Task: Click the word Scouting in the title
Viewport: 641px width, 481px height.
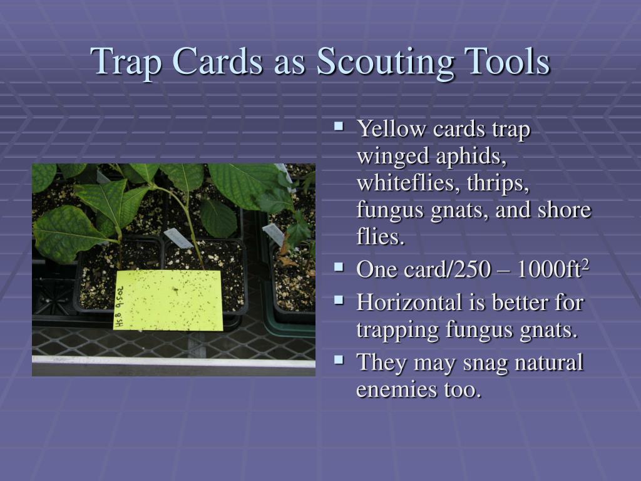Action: pyautogui.click(x=385, y=62)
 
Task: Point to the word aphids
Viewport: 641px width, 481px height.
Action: pyautogui.click(x=471, y=157)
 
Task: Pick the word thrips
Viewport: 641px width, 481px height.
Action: pyautogui.click(x=498, y=184)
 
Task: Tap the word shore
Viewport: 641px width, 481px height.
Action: pyautogui.click(x=564, y=209)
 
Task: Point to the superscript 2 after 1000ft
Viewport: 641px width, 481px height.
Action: pyautogui.click(x=585, y=265)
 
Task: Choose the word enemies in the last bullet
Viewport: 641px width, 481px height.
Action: pyautogui.click(x=396, y=390)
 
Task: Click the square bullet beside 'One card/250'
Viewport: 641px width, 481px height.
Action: pyautogui.click(x=339, y=267)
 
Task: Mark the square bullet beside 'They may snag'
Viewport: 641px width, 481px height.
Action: pyautogui.click(x=339, y=359)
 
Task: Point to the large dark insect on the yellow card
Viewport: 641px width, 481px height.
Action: pyautogui.click(x=175, y=290)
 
